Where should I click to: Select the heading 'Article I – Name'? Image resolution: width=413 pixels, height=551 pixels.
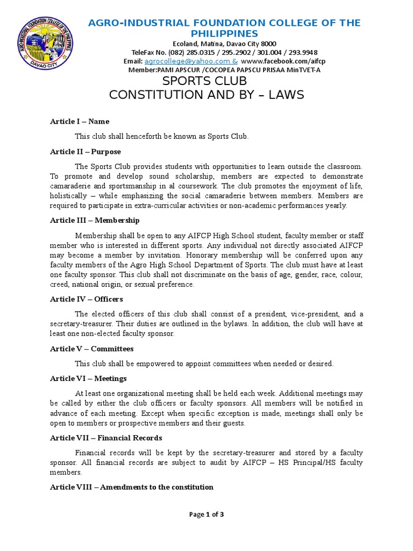point(80,122)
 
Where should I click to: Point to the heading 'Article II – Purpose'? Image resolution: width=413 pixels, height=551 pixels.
point(86,152)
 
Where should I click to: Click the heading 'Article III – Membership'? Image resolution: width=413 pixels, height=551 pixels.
point(95,220)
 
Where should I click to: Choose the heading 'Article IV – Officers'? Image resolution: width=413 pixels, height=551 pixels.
point(87,299)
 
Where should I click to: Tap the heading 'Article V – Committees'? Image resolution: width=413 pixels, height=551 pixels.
point(91,349)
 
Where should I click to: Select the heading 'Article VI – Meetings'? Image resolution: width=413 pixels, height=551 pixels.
point(88,379)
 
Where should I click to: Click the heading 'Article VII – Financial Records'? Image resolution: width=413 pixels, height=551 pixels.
point(106,438)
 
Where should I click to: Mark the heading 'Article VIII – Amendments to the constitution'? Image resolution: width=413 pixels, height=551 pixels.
point(132,487)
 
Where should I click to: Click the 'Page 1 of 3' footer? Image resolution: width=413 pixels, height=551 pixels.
point(206,514)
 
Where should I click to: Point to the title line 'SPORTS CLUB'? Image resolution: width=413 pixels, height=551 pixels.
point(204,81)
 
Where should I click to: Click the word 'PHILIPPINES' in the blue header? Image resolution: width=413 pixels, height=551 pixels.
point(224,34)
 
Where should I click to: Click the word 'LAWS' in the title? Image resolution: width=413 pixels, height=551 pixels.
point(284,95)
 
